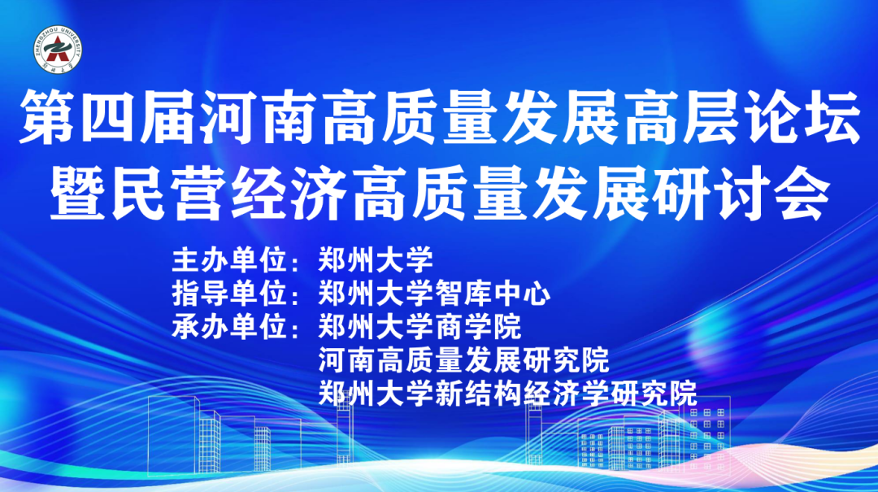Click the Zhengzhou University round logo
pos(58,50)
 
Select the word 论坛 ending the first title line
pos(802,117)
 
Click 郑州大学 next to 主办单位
pos(376,260)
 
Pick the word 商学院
pos(478,327)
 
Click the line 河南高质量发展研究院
pos(463,360)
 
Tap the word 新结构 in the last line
pos(478,394)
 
